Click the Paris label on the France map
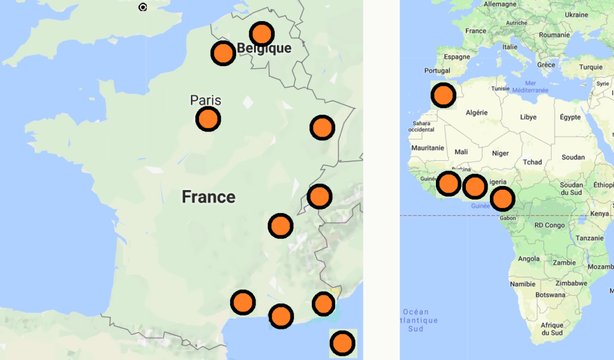(x=206, y=100)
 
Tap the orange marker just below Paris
(x=208, y=119)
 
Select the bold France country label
(x=209, y=197)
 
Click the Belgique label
(x=264, y=49)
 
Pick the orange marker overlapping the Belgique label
(x=261, y=34)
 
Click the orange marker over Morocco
(x=443, y=95)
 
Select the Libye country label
(x=528, y=117)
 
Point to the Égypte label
(x=570, y=117)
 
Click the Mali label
(x=461, y=152)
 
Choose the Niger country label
(x=500, y=153)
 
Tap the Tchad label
(x=532, y=162)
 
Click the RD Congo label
(x=550, y=226)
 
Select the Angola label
(x=528, y=259)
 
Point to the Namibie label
(x=522, y=284)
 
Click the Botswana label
(x=550, y=295)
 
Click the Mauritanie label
(x=428, y=148)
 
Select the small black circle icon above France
(x=143, y=7)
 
